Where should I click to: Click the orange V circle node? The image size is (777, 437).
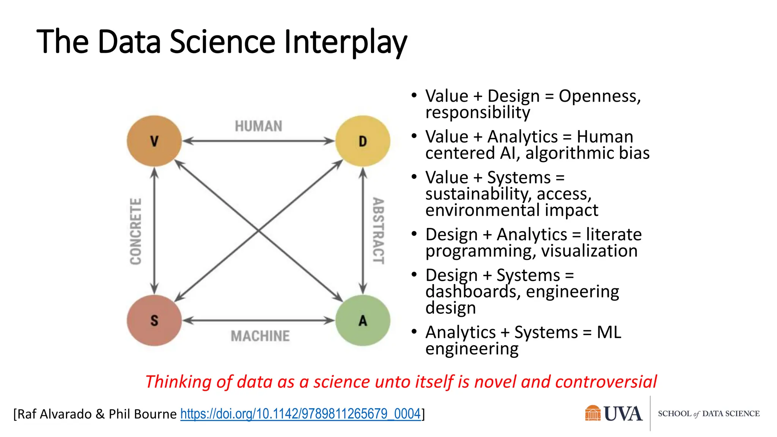point(154,141)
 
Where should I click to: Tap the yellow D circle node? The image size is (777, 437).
point(363,141)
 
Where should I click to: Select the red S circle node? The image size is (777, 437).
point(154,321)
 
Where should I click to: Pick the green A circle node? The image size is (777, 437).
point(363,321)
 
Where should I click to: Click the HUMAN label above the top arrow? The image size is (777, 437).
point(258,126)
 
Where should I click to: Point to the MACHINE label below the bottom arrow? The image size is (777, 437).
point(260,336)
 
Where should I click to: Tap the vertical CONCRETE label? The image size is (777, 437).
point(136,231)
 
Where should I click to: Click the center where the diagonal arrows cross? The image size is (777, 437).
point(258,231)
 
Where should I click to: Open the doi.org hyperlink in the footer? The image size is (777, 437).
point(300,413)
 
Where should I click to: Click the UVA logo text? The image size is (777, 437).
point(623,414)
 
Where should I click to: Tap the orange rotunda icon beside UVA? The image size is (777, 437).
point(593,413)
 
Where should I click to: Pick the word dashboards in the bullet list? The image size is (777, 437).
point(473,292)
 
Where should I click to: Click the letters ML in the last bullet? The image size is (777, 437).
point(609,332)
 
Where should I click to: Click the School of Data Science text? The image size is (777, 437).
point(708,414)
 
